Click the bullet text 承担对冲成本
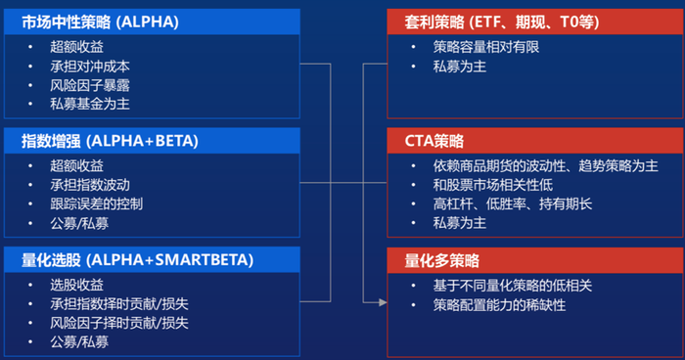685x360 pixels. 90,67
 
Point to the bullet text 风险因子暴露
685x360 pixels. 90,85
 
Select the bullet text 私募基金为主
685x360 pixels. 90,104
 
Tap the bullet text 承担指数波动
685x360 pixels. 90,185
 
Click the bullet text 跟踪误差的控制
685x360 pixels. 97,203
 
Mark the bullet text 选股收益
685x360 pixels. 76,285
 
